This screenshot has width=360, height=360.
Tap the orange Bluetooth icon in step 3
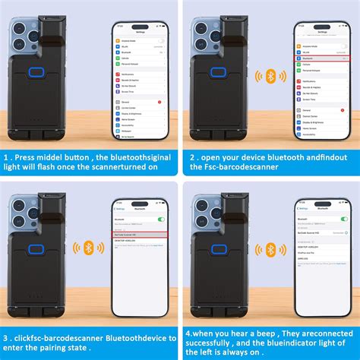[87, 249]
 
